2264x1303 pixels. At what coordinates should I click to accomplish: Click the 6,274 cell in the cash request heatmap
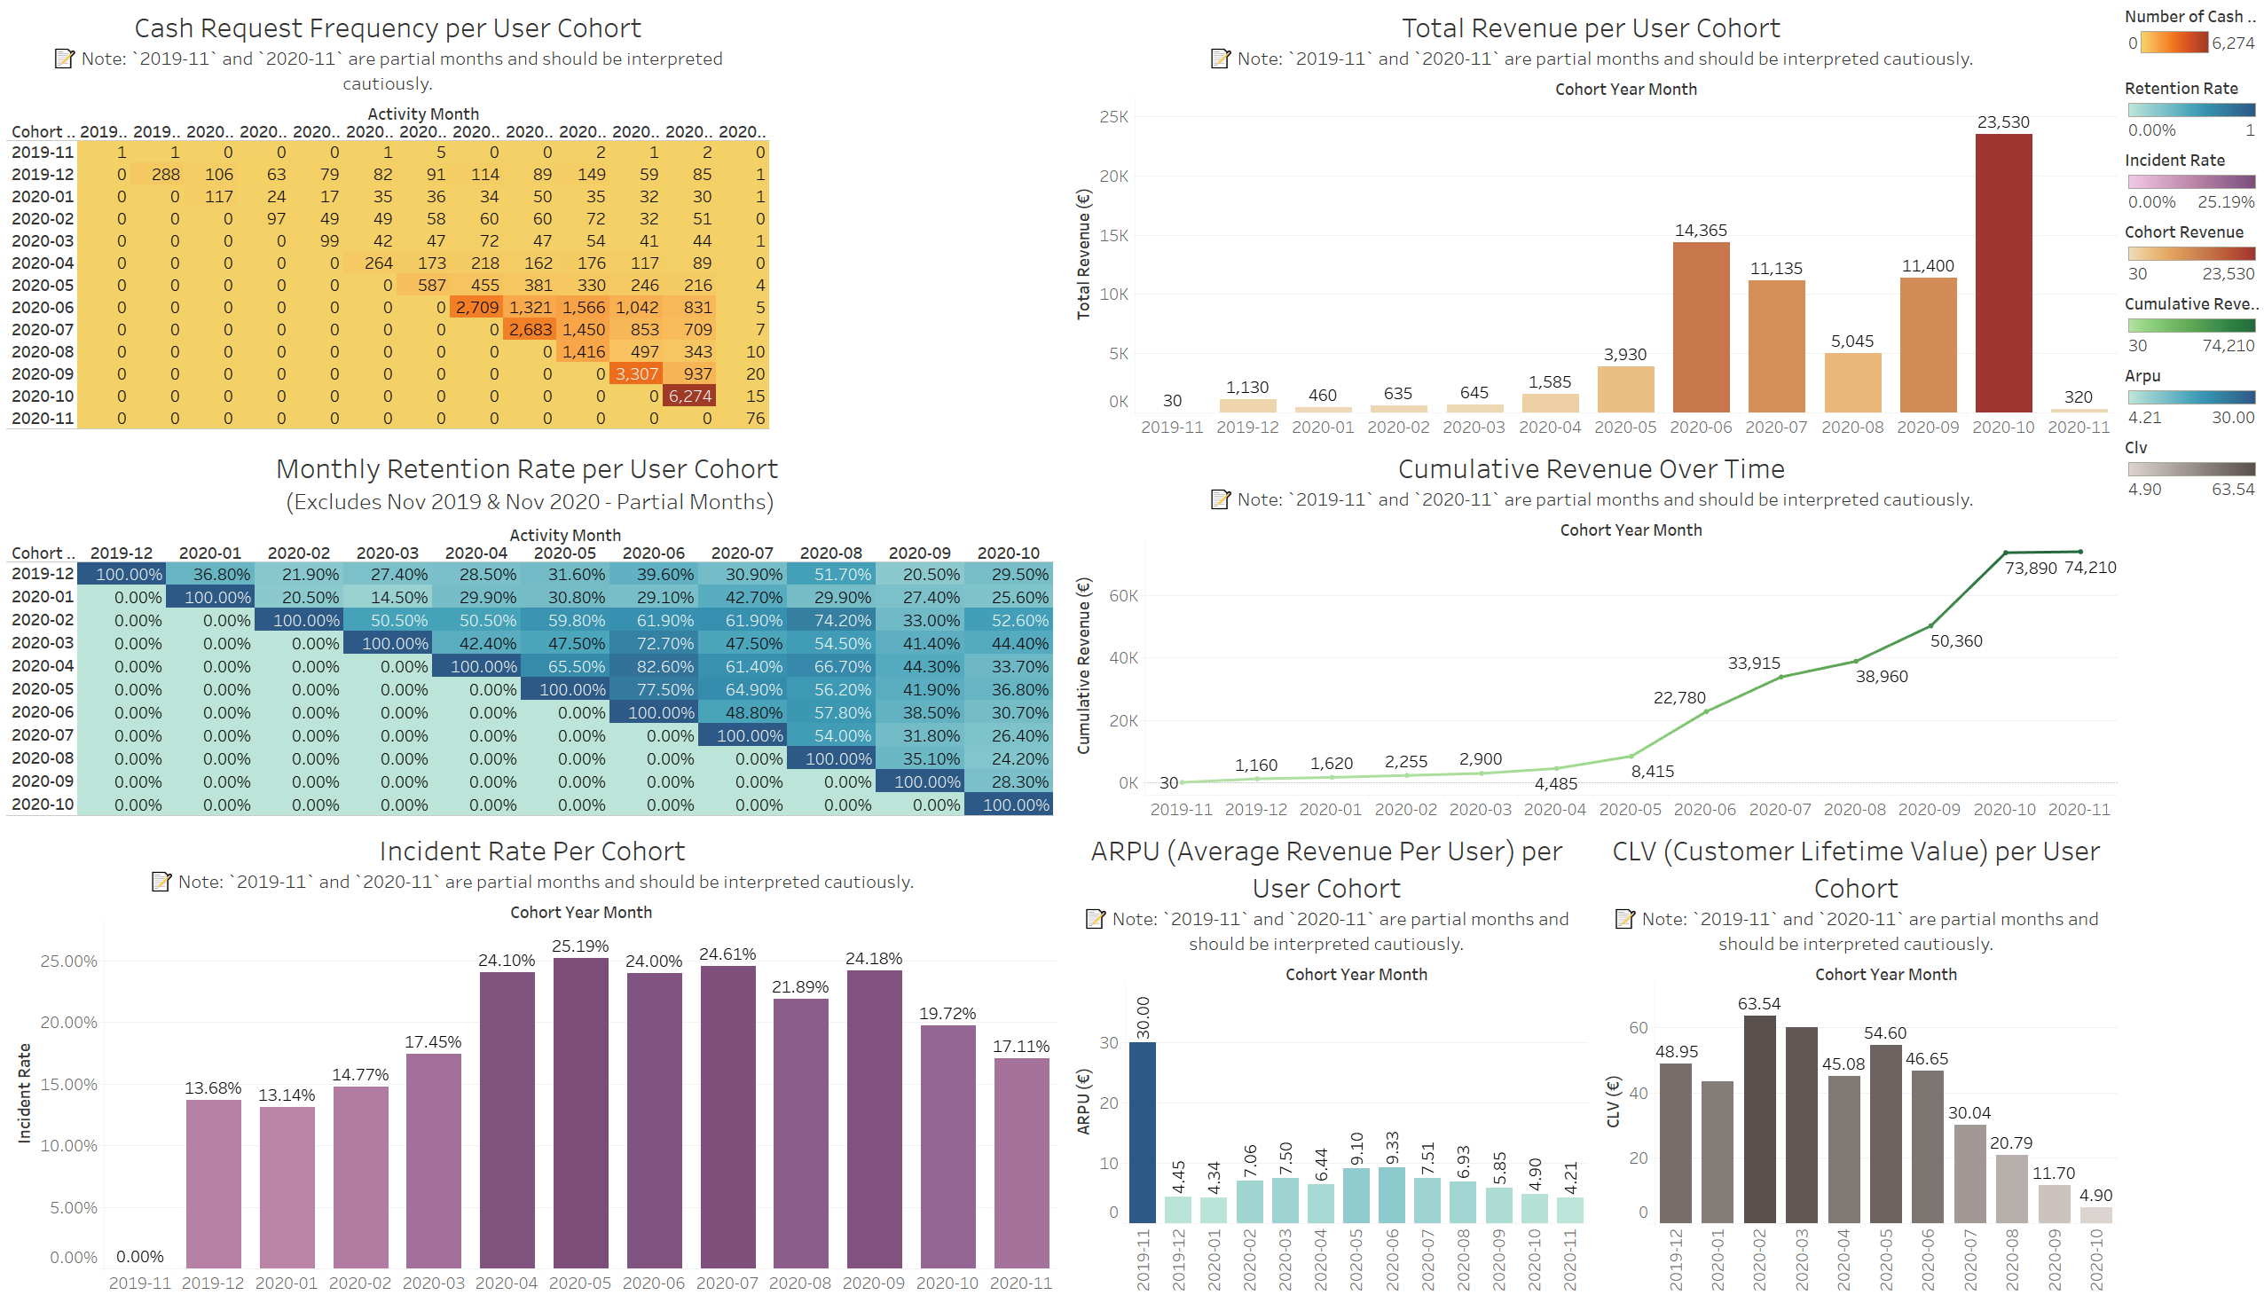tap(690, 396)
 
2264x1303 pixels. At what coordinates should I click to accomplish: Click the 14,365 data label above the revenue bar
tap(1701, 230)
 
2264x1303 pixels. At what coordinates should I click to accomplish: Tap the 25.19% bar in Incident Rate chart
tap(580, 1110)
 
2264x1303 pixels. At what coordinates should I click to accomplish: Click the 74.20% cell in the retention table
tap(831, 620)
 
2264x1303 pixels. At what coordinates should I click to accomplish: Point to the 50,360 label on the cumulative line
tap(1956, 640)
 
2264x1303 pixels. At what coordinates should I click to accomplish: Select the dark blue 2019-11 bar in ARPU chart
tap(1142, 1132)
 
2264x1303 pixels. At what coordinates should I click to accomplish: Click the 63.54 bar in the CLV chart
tap(1758, 1119)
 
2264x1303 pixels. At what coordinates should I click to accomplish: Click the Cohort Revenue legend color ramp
tap(2190, 254)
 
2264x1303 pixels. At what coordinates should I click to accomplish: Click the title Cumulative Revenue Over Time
tap(1590, 469)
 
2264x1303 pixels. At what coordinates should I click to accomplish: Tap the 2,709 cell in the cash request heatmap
tap(477, 307)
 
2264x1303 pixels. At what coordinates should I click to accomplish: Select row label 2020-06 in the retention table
tap(42, 711)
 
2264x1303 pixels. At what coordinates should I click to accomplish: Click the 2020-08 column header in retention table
tap(830, 553)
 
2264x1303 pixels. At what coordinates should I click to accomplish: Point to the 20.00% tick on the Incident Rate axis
tap(69, 1022)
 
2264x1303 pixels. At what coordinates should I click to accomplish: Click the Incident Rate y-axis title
tap(24, 1093)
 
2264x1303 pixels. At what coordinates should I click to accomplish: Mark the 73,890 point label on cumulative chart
tap(2030, 569)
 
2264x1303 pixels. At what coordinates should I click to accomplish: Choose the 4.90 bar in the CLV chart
tap(2095, 1214)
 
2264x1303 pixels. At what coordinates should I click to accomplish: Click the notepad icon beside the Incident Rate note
tap(161, 882)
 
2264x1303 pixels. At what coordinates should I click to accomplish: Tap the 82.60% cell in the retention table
tap(653, 667)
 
